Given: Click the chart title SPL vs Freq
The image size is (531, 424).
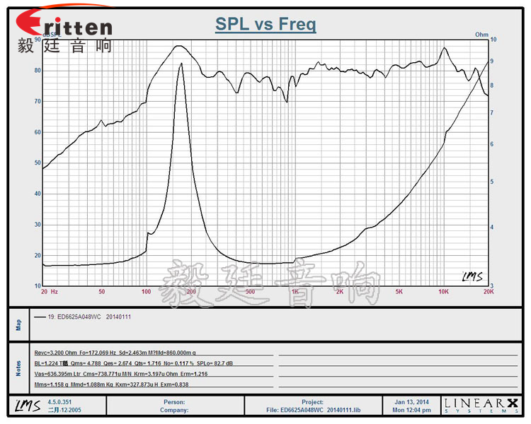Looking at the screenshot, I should (x=265, y=25).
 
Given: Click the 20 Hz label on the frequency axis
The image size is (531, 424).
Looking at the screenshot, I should (x=49, y=291).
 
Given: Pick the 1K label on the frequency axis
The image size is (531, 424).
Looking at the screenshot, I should (x=295, y=291).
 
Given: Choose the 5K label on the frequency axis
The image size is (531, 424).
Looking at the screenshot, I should (x=399, y=291).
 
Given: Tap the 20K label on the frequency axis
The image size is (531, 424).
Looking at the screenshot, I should (x=487, y=291).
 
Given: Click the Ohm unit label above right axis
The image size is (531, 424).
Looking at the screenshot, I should (x=481, y=34).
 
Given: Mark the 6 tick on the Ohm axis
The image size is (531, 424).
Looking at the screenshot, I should (x=493, y=144).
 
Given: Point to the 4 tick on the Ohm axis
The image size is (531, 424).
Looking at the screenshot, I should (x=493, y=228).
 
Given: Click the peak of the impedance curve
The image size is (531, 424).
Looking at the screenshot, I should (x=181, y=64).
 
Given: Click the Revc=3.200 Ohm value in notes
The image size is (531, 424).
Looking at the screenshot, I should (x=56, y=351).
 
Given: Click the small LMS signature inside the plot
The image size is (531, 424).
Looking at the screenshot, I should (x=472, y=276).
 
